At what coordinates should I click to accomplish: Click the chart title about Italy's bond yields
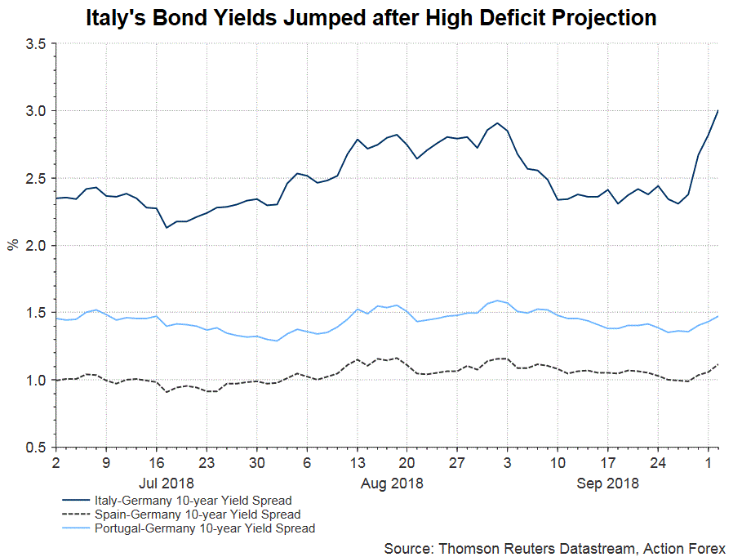[371, 18]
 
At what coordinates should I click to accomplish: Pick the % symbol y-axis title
[12, 244]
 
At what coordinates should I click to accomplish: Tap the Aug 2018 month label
[391, 483]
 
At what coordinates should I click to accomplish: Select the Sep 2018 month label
[607, 483]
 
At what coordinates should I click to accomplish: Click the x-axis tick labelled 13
[357, 463]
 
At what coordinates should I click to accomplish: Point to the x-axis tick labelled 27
[456, 463]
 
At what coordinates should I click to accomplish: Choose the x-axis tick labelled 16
[156, 463]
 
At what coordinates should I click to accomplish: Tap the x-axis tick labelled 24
[657, 463]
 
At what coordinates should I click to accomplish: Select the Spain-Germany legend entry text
[197, 515]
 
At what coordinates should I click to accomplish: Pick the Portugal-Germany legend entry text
[204, 528]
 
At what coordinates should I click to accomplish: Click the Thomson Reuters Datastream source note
[554, 546]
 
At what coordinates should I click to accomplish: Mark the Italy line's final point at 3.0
[718, 110]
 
